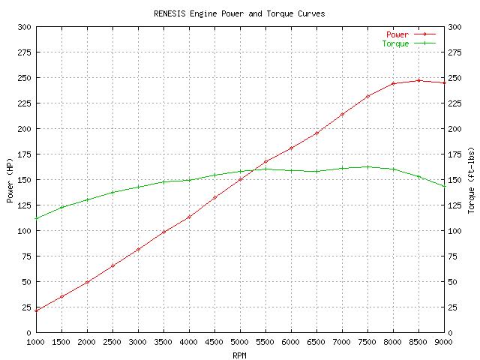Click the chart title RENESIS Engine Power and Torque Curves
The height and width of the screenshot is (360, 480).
(239, 13)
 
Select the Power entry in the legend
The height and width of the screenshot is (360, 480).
(397, 34)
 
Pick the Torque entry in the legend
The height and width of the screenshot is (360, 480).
(395, 43)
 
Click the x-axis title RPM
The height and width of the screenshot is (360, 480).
(239, 355)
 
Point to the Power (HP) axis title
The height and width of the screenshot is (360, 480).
(10, 180)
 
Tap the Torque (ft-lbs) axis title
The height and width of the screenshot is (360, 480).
(471, 180)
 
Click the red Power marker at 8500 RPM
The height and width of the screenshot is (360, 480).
(418, 80)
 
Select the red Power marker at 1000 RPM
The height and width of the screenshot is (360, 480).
(37, 310)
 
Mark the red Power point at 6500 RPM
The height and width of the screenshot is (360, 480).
(316, 133)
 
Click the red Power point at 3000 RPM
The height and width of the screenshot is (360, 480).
(138, 249)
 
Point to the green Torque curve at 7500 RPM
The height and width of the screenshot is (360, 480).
(367, 166)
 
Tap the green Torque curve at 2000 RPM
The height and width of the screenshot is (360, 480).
(87, 199)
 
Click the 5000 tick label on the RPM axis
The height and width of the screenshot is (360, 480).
(240, 343)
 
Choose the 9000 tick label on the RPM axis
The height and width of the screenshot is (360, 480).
(444, 343)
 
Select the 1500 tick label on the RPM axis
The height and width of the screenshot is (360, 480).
(62, 343)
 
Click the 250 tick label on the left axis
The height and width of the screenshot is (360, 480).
(24, 78)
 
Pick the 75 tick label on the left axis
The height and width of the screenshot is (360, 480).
(26, 256)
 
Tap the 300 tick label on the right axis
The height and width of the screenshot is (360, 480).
(454, 27)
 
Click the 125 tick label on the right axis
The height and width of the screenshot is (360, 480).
(454, 205)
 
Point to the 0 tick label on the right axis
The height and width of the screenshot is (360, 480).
(450, 333)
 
